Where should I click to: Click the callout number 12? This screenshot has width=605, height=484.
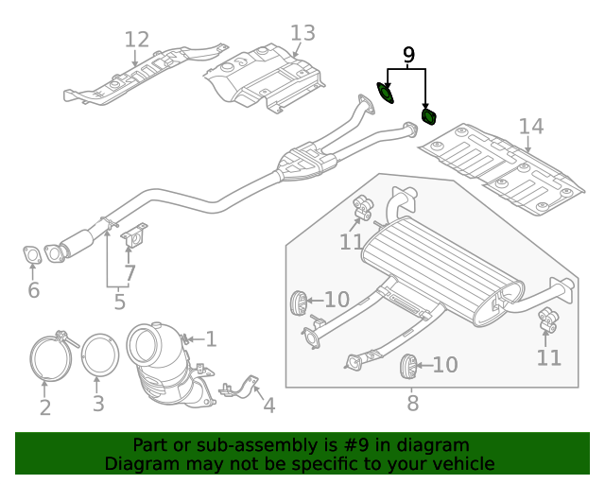(137, 40)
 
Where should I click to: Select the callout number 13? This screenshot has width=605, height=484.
(302, 34)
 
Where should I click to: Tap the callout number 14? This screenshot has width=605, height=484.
(530, 127)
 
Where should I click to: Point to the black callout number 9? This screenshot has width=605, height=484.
(408, 56)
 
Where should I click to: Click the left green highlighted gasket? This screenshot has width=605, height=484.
(386, 93)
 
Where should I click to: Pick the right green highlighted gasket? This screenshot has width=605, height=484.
(429, 116)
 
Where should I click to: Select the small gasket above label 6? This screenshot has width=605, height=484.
(31, 254)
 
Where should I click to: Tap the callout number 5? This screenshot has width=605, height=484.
(119, 302)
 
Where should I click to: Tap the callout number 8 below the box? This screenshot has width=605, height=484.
(412, 404)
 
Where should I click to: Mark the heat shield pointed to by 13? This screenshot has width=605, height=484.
(265, 76)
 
